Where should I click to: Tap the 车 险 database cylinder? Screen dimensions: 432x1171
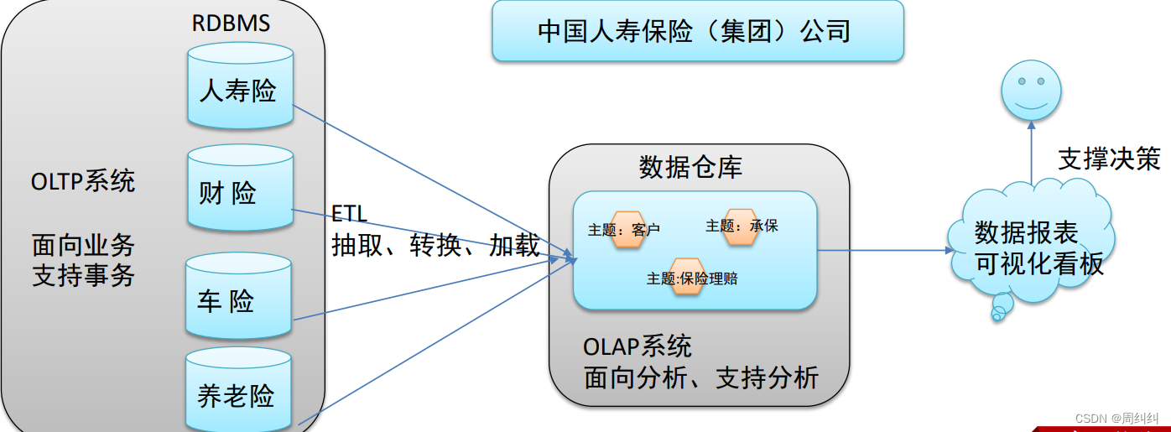click(x=238, y=298)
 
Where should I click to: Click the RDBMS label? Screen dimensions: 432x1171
click(x=231, y=23)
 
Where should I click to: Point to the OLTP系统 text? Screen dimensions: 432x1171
click(x=83, y=180)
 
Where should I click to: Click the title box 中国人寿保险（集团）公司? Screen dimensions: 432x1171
click(x=697, y=31)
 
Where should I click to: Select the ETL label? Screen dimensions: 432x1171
click(x=349, y=215)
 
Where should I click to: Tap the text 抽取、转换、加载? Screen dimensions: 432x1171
click(x=435, y=245)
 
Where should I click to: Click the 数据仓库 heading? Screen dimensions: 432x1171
click(x=690, y=167)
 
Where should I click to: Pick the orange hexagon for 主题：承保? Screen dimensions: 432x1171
click(x=741, y=226)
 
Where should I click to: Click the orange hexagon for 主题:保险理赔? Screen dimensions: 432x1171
click(x=687, y=277)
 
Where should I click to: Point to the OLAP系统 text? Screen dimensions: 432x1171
click(x=638, y=346)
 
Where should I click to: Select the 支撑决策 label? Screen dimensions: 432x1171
click(x=1109, y=159)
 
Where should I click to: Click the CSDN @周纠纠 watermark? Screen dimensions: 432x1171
click(x=1116, y=417)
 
